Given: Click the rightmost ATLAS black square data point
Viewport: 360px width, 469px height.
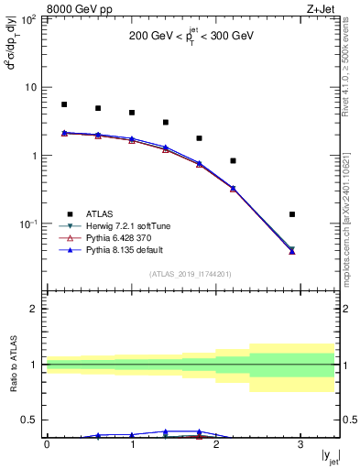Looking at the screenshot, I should tap(292, 214).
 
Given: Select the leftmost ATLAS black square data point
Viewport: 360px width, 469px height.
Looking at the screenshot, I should tap(64, 104).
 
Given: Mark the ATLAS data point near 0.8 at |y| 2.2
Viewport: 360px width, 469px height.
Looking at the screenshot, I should tap(233, 160).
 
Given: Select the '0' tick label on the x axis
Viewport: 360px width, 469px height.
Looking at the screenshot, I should tap(47, 443).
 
